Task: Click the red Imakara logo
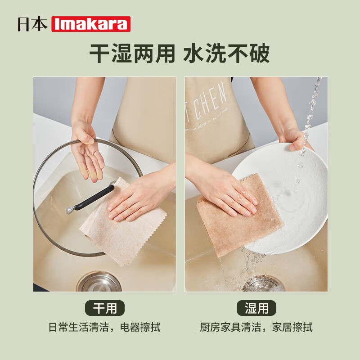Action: point(91,24)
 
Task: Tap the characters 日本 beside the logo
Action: point(32,24)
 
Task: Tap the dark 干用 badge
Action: point(105,308)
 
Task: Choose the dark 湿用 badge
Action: point(256,308)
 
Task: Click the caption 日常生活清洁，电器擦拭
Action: point(104,327)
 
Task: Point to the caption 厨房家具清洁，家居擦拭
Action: point(256,327)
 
